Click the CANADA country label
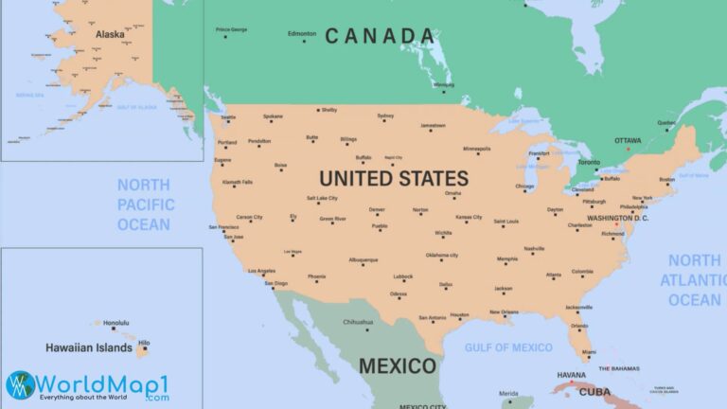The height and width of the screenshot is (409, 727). tap(380, 36)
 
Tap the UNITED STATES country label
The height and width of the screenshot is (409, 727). tap(393, 178)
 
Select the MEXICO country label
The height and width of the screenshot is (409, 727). tap(398, 365)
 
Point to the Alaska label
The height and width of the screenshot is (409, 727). tap(110, 34)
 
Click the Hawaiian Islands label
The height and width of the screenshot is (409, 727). tap(89, 347)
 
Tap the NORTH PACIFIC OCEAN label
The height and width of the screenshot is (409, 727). tap(144, 204)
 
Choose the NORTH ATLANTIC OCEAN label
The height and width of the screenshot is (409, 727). tap(694, 279)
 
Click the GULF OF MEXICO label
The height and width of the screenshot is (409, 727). tap(508, 347)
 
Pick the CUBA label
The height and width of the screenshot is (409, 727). tap(594, 391)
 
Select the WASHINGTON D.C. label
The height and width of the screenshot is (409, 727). tap(617, 219)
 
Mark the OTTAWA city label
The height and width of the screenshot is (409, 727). tap(628, 140)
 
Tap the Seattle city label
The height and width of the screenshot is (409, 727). tap(228, 117)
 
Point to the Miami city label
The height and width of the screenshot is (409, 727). tap(590, 352)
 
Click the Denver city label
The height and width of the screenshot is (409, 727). tap(377, 209)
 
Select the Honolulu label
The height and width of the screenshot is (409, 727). tap(115, 322)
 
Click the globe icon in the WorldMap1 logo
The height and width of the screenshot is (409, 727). tap(21, 384)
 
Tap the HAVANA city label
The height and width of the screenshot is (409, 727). tap(571, 374)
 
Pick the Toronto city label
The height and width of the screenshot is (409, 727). tap(589, 162)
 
